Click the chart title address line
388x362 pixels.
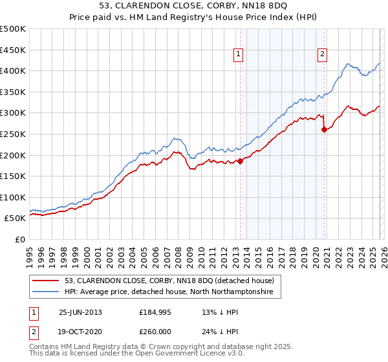coord(194,6)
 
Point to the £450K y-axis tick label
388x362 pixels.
coord(13,50)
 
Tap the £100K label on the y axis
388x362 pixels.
coord(13,197)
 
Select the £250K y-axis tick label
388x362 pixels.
coord(13,134)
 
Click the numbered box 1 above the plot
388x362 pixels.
coord(239,55)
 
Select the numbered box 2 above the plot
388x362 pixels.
coord(322,55)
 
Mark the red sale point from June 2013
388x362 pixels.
coord(240,161)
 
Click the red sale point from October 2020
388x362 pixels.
coord(324,129)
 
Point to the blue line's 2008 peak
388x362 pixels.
coord(175,138)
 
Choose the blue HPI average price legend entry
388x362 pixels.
coord(169,292)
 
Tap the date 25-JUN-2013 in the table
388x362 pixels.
coord(80,312)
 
